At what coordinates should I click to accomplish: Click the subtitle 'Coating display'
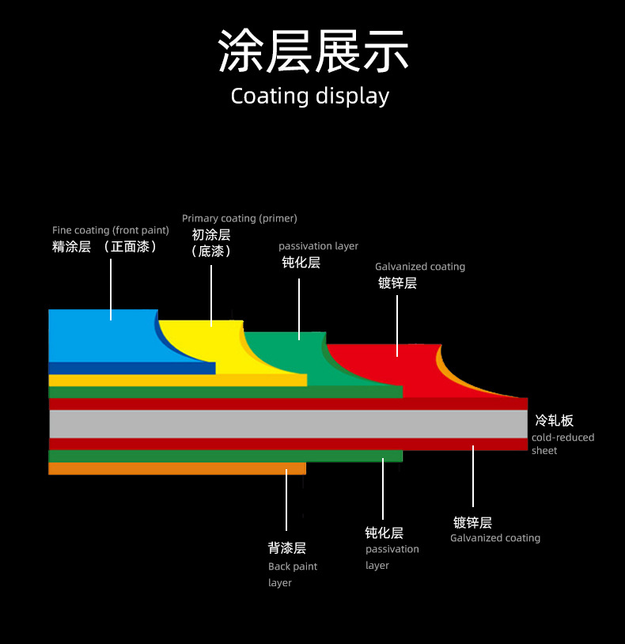pyautogui.click(x=310, y=97)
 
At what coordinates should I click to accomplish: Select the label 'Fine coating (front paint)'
pyautogui.click(x=111, y=230)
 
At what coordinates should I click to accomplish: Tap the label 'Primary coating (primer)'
pyautogui.click(x=240, y=218)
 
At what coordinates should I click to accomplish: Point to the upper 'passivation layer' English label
pyautogui.click(x=318, y=246)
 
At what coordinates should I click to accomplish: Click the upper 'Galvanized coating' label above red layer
pyautogui.click(x=420, y=267)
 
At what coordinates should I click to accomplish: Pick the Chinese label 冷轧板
pyautogui.click(x=554, y=420)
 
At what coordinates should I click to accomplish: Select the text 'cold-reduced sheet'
pyautogui.click(x=562, y=444)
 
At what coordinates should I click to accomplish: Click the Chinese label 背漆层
pyautogui.click(x=286, y=547)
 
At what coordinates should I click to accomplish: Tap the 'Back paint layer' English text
pyautogui.click(x=292, y=574)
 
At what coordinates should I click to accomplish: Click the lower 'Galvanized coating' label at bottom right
pyautogui.click(x=495, y=538)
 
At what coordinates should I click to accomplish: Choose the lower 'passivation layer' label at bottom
pyautogui.click(x=392, y=557)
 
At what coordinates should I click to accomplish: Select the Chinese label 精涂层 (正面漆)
pyautogui.click(x=105, y=247)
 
